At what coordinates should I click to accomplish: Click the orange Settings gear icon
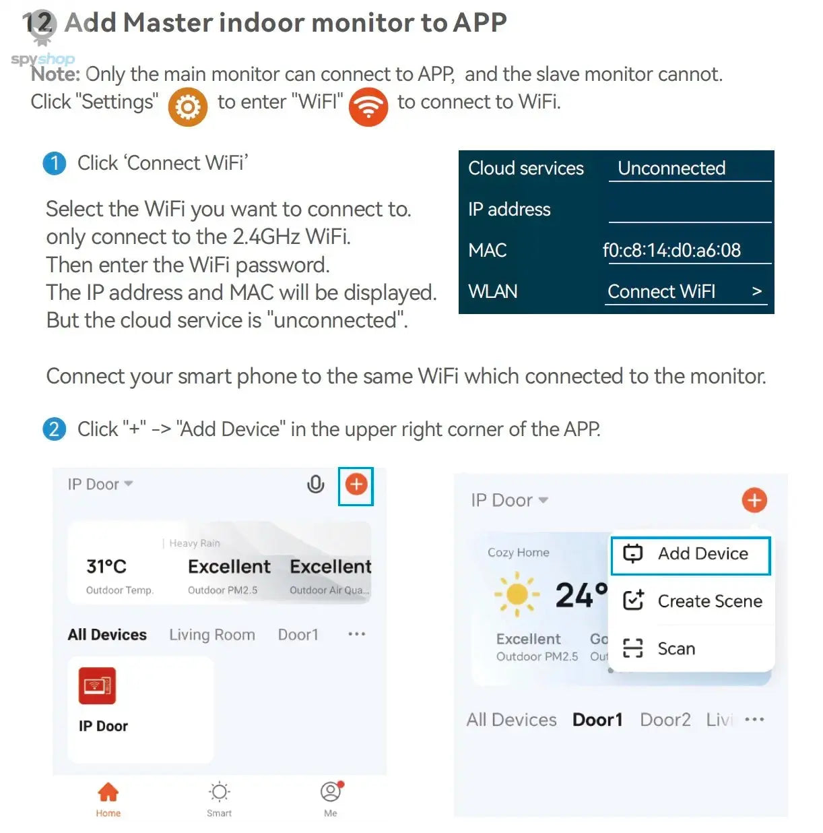click(187, 106)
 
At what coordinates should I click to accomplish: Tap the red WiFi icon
click(368, 106)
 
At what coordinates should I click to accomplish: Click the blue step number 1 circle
click(55, 163)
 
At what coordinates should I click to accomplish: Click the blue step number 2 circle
click(55, 429)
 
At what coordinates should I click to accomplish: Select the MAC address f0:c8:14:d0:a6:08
click(671, 250)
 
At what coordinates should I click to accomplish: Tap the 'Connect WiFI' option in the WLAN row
click(661, 291)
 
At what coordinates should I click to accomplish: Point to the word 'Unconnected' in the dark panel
click(671, 168)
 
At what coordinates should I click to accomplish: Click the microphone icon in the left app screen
click(315, 484)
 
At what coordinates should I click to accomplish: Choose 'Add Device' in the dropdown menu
click(690, 554)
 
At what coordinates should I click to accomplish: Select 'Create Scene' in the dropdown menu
click(692, 601)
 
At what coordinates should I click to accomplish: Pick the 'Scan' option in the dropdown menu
click(659, 648)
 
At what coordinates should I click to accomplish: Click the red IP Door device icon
click(97, 685)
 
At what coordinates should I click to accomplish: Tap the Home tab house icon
click(108, 793)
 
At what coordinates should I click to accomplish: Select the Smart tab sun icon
click(220, 793)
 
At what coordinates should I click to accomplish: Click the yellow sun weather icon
click(517, 594)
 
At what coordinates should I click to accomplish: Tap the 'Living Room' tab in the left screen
click(212, 635)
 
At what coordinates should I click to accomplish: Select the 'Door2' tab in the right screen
click(665, 720)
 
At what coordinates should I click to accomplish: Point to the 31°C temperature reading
click(106, 566)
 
